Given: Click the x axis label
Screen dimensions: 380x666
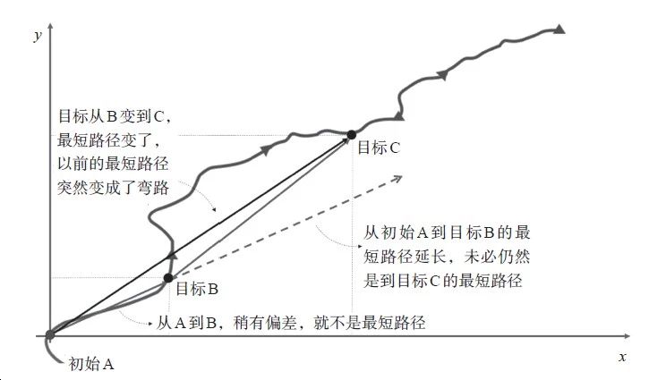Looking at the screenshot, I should pyautogui.click(x=622, y=356).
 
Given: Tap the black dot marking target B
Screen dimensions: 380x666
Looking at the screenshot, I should pyautogui.click(x=167, y=278).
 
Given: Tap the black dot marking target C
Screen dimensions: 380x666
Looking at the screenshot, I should pyautogui.click(x=353, y=136).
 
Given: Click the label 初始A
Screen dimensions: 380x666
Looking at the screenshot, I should pyautogui.click(x=92, y=364).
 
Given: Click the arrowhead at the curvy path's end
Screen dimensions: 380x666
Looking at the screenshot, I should pyautogui.click(x=559, y=30).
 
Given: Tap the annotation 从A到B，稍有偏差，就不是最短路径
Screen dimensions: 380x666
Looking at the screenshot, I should pyautogui.click(x=290, y=323).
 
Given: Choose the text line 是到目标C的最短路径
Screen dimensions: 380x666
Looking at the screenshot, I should pyautogui.click(x=442, y=280).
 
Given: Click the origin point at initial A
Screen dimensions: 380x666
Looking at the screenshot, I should pyautogui.click(x=50, y=335).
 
